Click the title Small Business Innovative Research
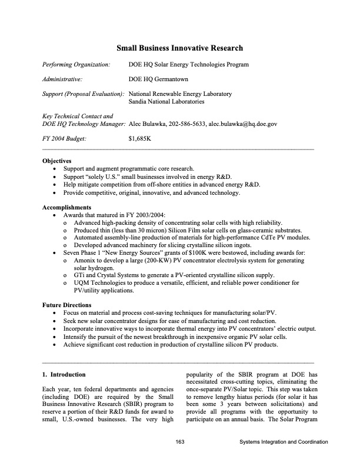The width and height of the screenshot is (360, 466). [179, 48]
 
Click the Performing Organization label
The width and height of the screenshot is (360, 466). [76, 64]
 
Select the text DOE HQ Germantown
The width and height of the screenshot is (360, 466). [157, 78]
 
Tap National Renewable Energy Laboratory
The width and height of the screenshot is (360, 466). [180, 94]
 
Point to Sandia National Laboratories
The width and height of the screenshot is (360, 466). [166, 102]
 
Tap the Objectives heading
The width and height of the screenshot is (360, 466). [57, 161]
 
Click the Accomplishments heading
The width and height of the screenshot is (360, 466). [67, 207]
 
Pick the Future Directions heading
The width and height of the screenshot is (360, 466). [67, 305]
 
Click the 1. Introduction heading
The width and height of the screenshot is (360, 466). [64, 374]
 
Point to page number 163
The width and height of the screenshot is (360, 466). [181, 442]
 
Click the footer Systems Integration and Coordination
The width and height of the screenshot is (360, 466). [284, 442]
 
